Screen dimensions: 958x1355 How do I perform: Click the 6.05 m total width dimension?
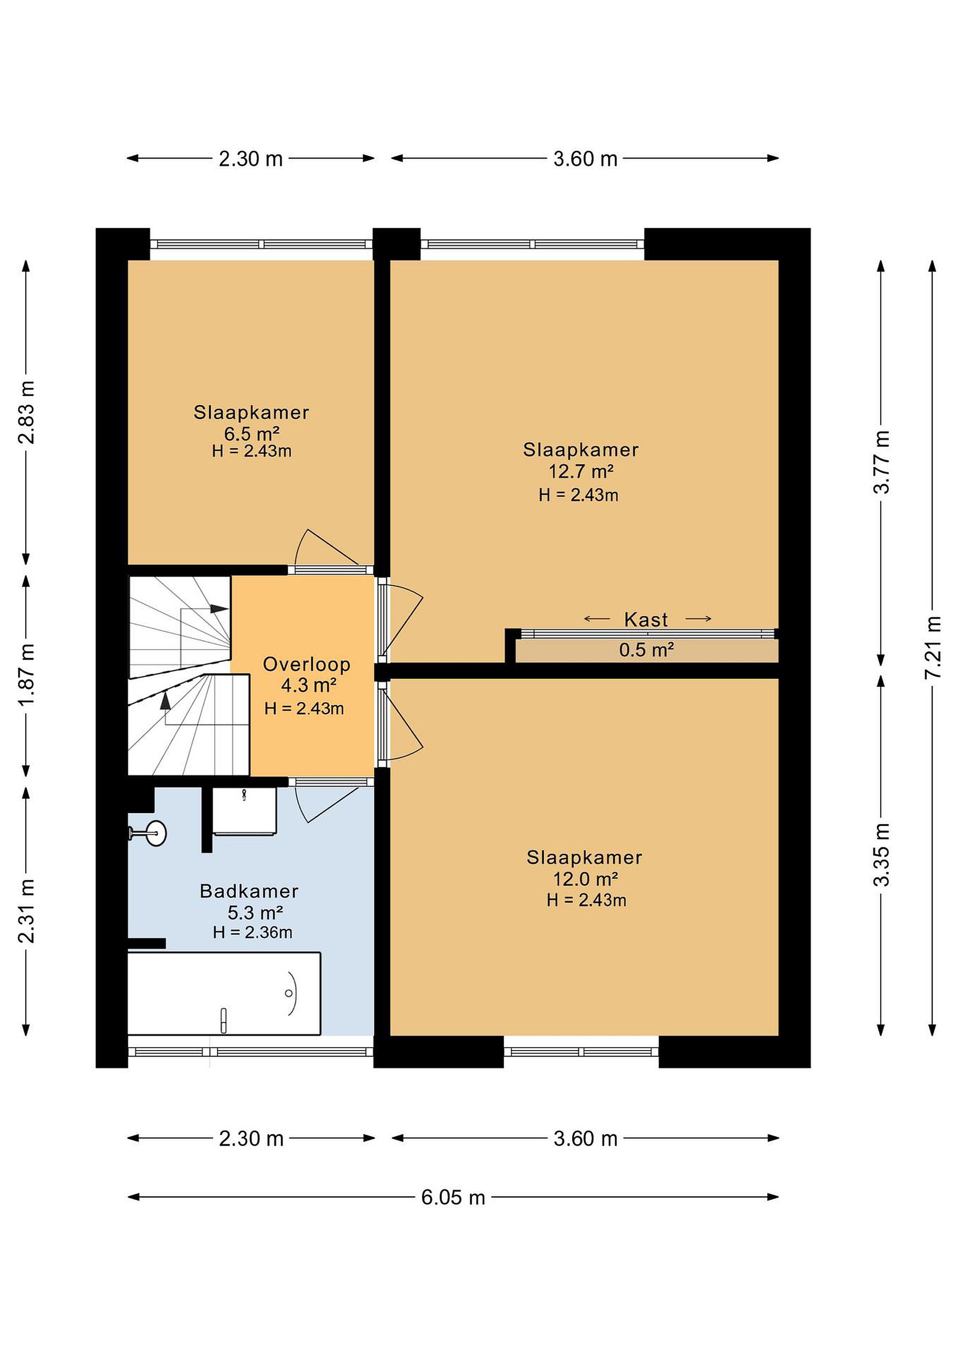pos(453,1197)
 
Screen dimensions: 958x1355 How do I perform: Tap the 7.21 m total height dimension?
pos(933,647)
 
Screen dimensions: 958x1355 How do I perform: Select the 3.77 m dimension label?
pos(881,462)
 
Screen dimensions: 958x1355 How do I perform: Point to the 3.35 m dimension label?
pos(881,854)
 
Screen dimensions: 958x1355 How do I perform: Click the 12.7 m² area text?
pos(581,471)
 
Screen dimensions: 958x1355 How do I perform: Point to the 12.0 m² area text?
pos(585,879)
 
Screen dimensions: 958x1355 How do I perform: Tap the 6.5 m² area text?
pos(251,434)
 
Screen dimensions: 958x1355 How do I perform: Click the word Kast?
pos(646,620)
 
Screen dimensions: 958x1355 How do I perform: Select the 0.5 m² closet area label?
pos(647,650)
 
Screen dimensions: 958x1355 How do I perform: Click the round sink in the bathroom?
pos(156,833)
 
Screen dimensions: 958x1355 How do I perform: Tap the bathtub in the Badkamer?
pos(224,993)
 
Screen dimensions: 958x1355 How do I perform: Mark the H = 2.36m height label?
pos(253,933)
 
